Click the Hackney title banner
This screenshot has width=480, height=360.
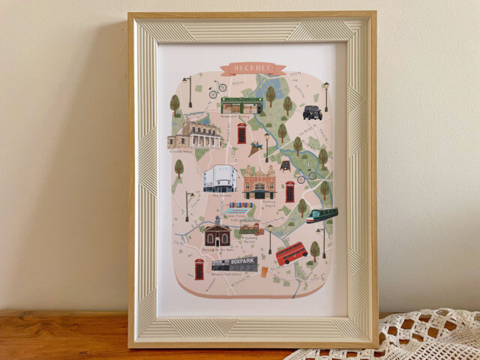pyautogui.click(x=253, y=69)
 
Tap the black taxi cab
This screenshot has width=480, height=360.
pyautogui.click(x=312, y=112)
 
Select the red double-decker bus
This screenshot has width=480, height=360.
pyautogui.click(x=291, y=253)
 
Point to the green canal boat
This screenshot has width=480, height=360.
pyautogui.click(x=322, y=215)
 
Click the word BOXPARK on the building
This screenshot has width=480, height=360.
pyautogui.click(x=243, y=261)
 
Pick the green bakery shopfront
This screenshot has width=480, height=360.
pyautogui.click(x=241, y=105)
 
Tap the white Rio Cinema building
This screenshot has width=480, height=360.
pyautogui.click(x=220, y=178)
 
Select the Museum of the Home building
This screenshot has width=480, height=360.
pyautogui.click(x=217, y=234)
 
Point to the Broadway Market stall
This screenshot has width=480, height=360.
pyautogui.click(x=250, y=229)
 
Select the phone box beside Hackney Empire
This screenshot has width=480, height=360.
pyautogui.click(x=289, y=191)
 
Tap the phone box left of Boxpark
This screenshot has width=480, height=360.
pyautogui.click(x=199, y=268)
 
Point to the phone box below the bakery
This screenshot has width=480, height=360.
pyautogui.click(x=241, y=133)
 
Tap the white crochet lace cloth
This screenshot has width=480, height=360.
pyautogui.click(x=405, y=337)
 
